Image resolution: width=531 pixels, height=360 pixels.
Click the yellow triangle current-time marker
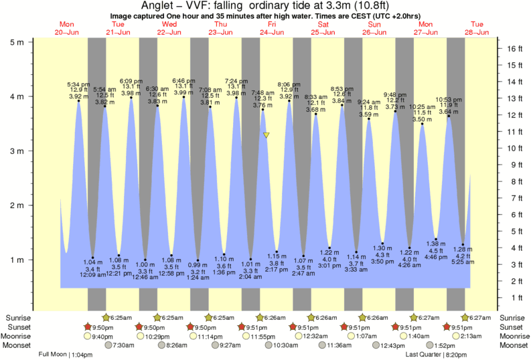point(267,135)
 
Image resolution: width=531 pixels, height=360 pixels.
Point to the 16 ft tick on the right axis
point(514,49)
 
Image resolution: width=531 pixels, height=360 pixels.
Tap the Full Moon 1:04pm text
point(65,354)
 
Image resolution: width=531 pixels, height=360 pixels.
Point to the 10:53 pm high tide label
point(448,99)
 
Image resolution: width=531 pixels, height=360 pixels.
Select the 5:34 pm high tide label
point(79,84)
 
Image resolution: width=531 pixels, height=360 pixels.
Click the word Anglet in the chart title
point(158,6)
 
